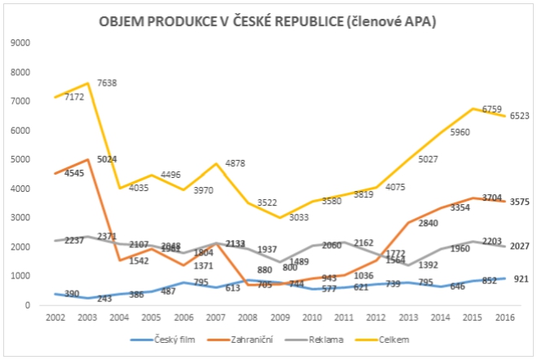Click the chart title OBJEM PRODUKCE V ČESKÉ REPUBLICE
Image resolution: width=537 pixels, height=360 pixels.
coord(268,22)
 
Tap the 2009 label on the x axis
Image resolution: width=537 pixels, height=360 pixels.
coord(280,315)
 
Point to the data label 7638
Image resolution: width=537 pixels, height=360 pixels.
coord(108,82)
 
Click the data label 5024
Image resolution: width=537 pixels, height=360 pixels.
coord(108,159)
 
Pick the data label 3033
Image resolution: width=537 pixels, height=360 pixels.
coord(298,218)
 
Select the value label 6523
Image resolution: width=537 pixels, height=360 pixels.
coord(520,116)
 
